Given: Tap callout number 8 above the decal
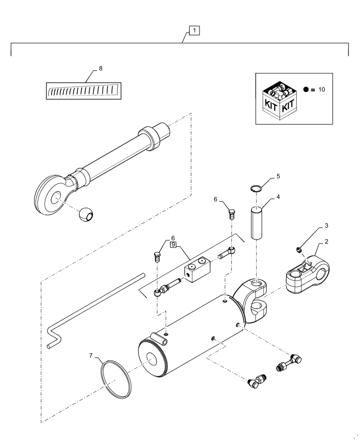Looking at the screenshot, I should coord(101,69).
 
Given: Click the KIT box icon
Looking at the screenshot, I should coord(279,101).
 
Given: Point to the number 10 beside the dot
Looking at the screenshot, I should coord(321,90).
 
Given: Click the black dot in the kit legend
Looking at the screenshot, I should coord(306,90).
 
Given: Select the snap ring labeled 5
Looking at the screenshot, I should coord(255,189).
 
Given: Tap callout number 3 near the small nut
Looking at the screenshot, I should coord(326,226).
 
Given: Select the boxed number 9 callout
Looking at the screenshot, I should coord(173,244).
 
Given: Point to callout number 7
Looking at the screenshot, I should coord(90,355).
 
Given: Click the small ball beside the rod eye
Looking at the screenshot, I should coord(86,216).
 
